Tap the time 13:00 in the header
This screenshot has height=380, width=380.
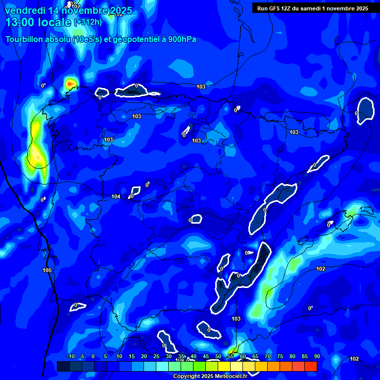[x=19, y=22]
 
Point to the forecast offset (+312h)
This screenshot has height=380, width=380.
[x=88, y=22]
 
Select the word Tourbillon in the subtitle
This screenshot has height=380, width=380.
[x=24, y=39]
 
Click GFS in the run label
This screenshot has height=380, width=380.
[x=276, y=8]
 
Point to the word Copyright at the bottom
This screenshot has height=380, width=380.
[x=187, y=377]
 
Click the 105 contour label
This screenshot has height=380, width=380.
[x=47, y=270]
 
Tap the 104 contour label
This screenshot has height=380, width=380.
[x=116, y=196]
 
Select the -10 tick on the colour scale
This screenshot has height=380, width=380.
[x=70, y=356]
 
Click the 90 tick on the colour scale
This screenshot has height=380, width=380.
[x=317, y=356]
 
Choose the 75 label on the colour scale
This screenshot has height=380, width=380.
[x=280, y=356]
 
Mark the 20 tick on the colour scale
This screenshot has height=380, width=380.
[x=144, y=356]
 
